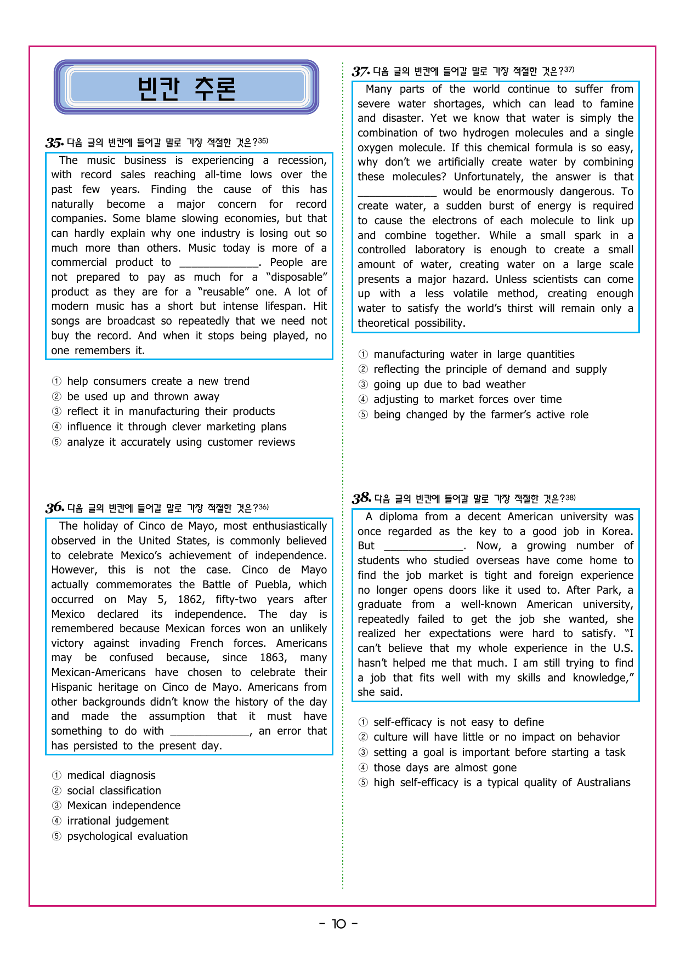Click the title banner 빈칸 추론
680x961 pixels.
pyautogui.click(x=186, y=87)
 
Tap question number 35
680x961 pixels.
pyautogui.click(x=54, y=143)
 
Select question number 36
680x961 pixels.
pyautogui.click(x=55, y=508)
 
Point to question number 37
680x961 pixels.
pyautogui.click(x=361, y=71)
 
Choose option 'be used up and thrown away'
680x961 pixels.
pyautogui.click(x=143, y=396)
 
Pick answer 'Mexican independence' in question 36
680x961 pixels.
pyautogui.click(x=123, y=805)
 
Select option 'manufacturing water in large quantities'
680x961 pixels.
pyautogui.click(x=474, y=354)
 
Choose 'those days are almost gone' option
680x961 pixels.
pyautogui.click(x=445, y=767)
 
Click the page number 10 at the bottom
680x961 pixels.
pyautogui.click(x=339, y=924)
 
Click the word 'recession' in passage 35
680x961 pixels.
pyautogui.click(x=301, y=160)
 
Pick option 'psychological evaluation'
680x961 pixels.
pyautogui.click(x=127, y=836)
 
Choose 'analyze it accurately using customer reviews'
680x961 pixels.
pyautogui.click(x=180, y=442)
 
